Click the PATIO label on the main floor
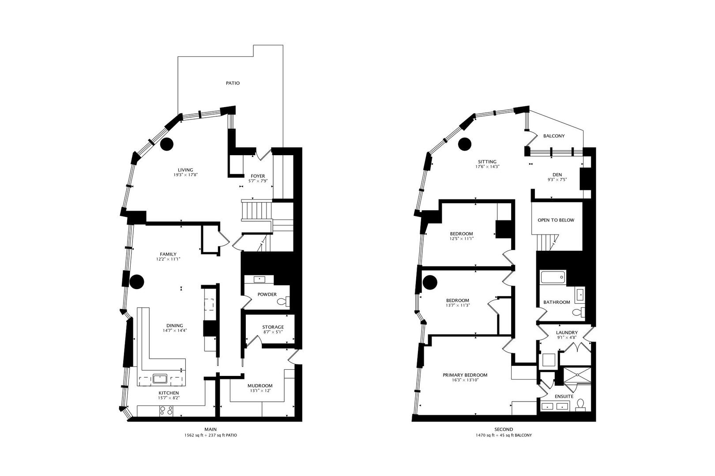coord(233,83)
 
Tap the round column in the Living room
coord(167,144)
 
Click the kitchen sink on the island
coord(159,378)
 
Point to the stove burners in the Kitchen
coord(166,411)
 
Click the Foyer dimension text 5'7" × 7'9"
coord(258,181)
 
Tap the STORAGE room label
coord(273,327)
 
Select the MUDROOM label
coord(260,386)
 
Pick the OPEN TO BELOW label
coord(556,220)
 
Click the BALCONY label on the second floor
coord(553,136)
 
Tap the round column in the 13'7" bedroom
coord(430,282)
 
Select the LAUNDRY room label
coord(567,333)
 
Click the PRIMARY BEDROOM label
coord(465,375)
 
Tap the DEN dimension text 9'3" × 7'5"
coord(557,179)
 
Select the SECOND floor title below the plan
coord(504,429)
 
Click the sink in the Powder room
coord(259,279)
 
